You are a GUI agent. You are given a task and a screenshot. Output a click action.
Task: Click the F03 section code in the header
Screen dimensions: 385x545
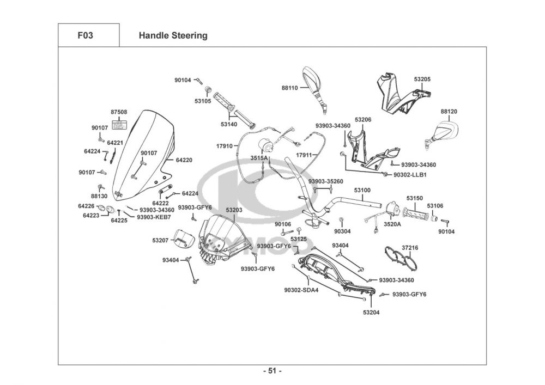(85, 36)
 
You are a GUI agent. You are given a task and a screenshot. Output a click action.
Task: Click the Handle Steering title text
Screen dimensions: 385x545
(173, 36)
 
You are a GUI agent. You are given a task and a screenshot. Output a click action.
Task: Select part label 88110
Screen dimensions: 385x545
(289, 88)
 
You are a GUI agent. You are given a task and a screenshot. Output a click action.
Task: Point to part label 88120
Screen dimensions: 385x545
(449, 112)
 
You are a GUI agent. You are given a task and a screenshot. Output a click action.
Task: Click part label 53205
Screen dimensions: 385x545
(422, 80)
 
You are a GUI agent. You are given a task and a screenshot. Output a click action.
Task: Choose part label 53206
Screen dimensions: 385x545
(363, 119)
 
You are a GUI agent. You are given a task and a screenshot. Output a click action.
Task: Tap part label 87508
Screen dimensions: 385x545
(119, 112)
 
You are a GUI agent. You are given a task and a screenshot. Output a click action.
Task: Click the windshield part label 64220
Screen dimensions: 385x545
(184, 160)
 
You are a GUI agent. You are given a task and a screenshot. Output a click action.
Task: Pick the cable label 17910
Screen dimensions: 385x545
(224, 146)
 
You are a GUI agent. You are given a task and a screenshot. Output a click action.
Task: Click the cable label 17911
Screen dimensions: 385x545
(304, 155)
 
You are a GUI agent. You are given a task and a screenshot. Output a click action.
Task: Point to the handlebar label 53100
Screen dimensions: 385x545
(362, 191)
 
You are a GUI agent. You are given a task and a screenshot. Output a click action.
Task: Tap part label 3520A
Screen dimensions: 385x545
(392, 224)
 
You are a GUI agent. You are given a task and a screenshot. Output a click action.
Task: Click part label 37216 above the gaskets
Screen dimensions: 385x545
(410, 248)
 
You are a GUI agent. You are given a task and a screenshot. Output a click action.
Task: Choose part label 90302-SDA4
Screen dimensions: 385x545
(301, 290)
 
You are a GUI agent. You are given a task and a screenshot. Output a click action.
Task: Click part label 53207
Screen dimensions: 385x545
(160, 240)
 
